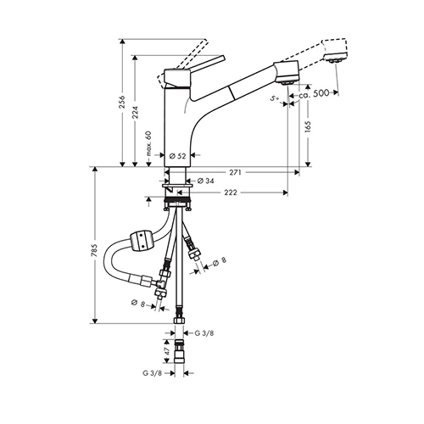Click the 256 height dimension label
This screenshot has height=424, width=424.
click(122, 102)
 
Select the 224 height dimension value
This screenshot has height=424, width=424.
click(135, 113)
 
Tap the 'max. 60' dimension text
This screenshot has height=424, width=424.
click(149, 144)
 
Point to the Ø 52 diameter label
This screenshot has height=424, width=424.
click(177, 156)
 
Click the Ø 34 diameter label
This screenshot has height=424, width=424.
click(205, 181)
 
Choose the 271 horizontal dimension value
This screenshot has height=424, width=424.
click(235, 172)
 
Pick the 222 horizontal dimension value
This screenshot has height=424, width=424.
click(231, 192)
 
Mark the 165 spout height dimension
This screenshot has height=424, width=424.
click(308, 127)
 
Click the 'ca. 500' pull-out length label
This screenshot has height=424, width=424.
click(314, 93)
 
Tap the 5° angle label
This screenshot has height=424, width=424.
click(275, 98)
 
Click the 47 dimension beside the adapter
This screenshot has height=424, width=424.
click(167, 351)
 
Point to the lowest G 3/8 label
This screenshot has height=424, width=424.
click(152, 373)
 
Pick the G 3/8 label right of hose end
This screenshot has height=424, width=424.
click(204, 333)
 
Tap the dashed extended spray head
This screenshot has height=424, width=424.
click(335, 50)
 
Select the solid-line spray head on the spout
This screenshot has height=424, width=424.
click(286, 72)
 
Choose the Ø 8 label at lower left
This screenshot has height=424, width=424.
click(138, 304)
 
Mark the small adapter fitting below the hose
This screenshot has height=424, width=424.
click(179, 351)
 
